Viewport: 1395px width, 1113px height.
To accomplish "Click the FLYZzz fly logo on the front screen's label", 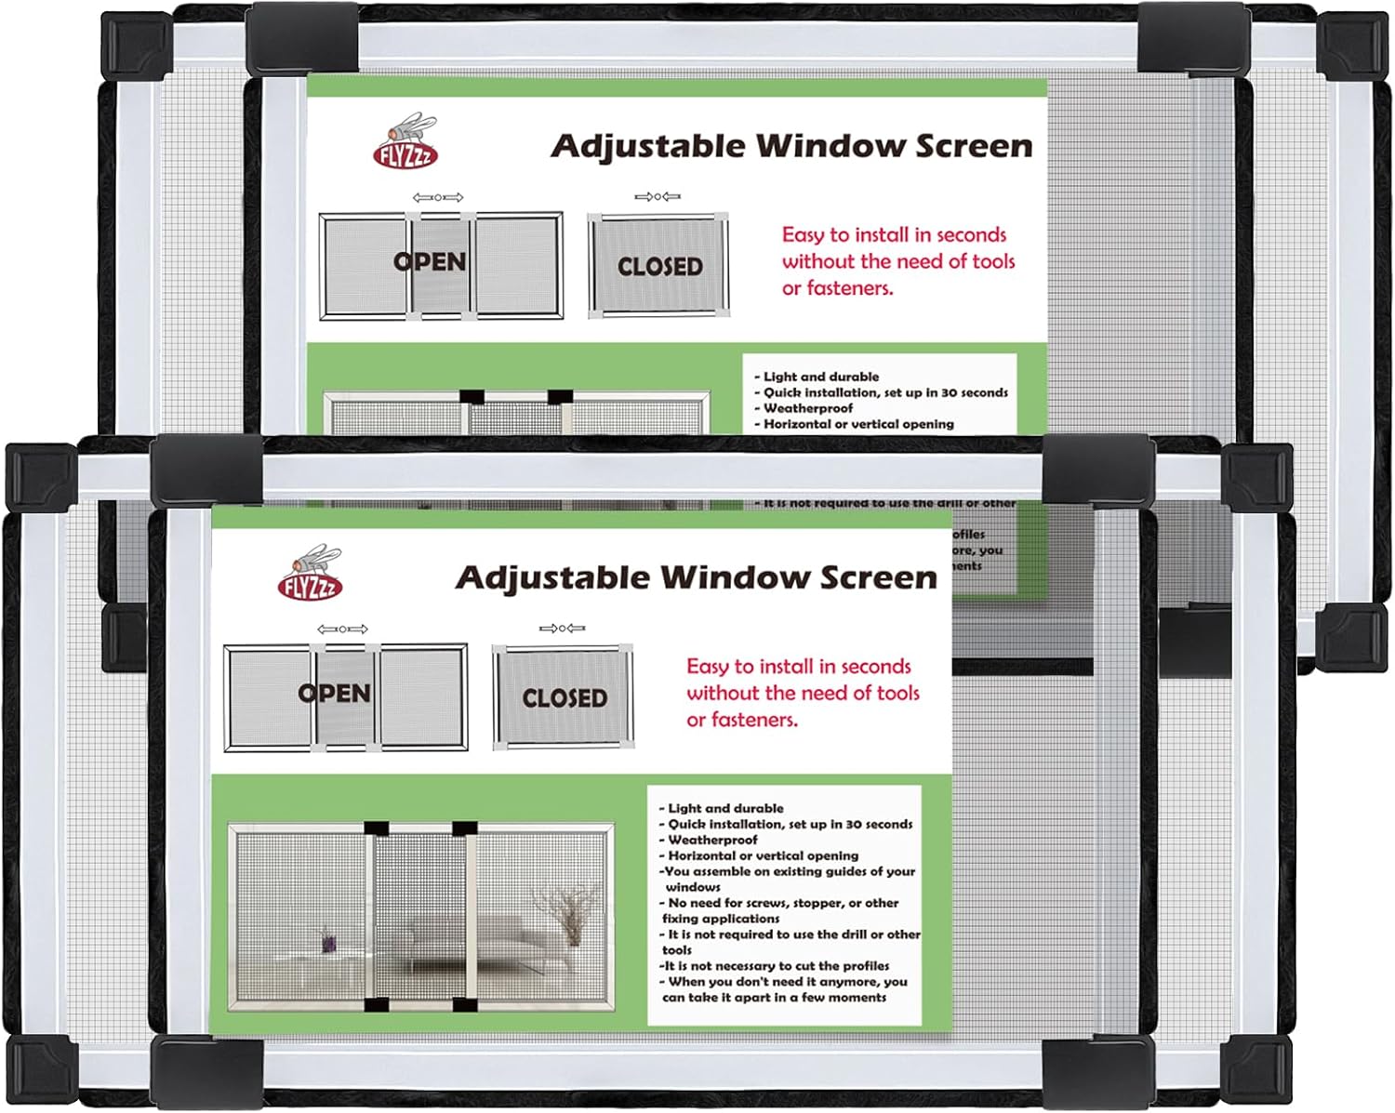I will point(312,573).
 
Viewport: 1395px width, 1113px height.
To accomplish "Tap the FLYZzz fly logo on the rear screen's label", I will point(406,141).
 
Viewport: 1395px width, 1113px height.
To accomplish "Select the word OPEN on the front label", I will point(334,694).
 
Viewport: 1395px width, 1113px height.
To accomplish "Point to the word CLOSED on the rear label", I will point(659,267).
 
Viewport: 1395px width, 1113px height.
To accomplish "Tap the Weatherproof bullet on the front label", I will point(711,840).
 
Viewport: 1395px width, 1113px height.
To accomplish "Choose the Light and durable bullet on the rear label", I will point(819,377).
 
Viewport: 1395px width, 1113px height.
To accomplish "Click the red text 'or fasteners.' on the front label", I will point(741,720).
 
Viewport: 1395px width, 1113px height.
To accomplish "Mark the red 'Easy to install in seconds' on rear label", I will point(894,234).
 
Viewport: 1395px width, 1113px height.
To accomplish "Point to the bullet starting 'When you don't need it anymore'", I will point(786,981).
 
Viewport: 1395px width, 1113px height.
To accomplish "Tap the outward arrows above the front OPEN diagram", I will point(342,629).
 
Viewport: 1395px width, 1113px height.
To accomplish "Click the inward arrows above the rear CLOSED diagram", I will point(658,197).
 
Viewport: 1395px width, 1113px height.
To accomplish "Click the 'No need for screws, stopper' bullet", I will point(781,903).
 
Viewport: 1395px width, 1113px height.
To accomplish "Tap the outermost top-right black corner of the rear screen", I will point(1352,44).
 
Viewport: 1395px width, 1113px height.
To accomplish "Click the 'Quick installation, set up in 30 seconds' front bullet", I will point(789,824).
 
